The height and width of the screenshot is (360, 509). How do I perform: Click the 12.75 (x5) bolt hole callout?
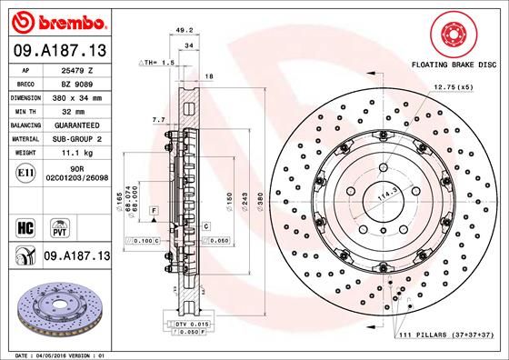tap(453, 87)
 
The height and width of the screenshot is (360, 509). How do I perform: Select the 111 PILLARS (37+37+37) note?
tap(445, 337)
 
